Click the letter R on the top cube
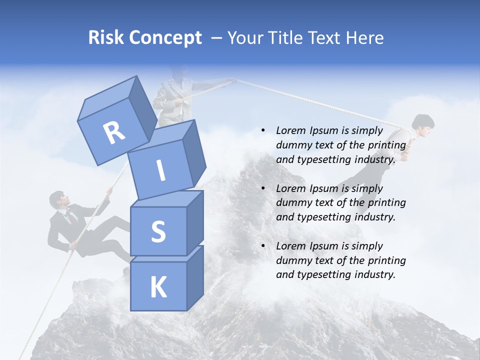(114, 133)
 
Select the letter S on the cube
(158, 231)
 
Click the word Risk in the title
(105, 37)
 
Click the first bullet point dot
(263, 131)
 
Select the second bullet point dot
(263, 188)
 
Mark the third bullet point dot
(263, 246)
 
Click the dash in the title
(217, 38)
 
